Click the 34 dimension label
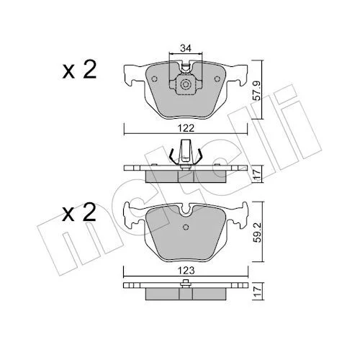tap(186, 48)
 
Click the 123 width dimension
tap(186, 271)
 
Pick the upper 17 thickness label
tap(257, 174)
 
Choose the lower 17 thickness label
tap(257, 291)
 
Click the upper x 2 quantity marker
tap(79, 69)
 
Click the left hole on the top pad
tap(154, 78)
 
